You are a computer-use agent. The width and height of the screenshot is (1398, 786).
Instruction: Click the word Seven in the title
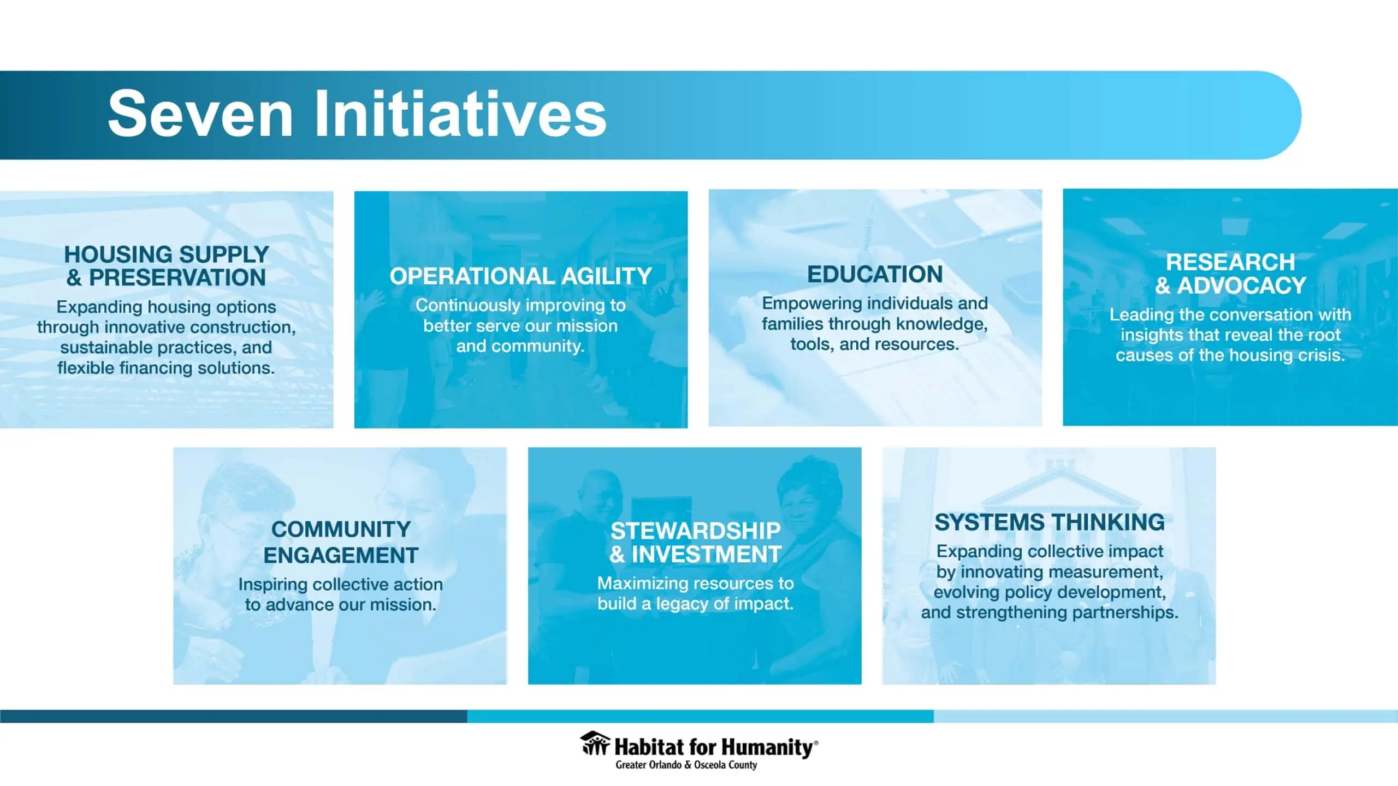point(201,115)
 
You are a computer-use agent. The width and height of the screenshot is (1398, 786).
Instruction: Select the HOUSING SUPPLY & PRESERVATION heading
point(167,266)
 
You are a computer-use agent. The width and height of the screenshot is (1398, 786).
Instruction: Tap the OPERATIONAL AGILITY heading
point(521,276)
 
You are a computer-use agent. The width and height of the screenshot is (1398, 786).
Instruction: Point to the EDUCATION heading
point(875,274)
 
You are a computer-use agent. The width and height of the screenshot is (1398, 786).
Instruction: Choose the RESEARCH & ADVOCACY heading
point(1230,273)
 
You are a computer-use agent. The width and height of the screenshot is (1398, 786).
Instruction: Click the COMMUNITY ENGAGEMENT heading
point(341,542)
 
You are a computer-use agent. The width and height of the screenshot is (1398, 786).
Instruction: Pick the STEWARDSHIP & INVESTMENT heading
point(695,543)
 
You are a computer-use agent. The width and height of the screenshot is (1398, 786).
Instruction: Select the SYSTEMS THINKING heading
point(1050,522)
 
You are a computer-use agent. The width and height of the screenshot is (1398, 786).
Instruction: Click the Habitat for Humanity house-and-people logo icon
point(595,743)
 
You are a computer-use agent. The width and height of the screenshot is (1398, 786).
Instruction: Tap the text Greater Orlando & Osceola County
point(686,765)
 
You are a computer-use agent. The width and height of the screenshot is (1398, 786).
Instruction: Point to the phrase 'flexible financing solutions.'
point(166,368)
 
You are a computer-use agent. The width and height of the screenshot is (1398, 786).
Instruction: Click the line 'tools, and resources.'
point(875,344)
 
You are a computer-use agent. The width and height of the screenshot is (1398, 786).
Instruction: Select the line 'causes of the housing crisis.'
point(1230,355)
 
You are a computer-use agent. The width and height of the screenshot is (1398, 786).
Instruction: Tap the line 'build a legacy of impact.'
point(695,604)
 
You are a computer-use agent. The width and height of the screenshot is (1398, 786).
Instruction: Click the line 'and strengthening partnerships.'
point(1050,612)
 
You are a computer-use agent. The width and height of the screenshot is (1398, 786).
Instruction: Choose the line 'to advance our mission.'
point(341,605)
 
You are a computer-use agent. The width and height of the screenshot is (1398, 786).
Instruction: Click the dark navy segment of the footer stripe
point(234,716)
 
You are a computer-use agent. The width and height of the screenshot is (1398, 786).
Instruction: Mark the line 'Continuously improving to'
point(521,305)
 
